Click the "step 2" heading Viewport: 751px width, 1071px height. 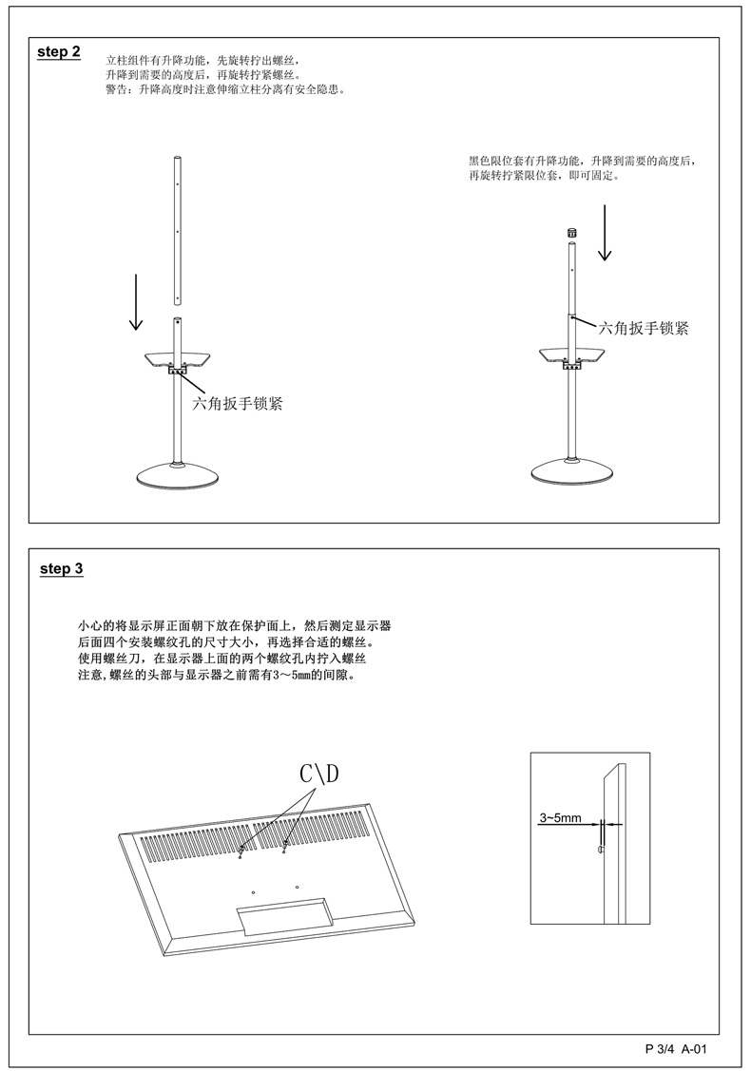58,52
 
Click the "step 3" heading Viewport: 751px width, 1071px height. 62,569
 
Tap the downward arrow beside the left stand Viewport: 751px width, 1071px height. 137,303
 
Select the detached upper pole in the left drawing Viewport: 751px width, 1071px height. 177,228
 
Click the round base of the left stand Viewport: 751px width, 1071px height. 178,476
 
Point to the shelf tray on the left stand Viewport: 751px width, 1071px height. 178,358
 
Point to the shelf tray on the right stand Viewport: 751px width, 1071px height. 571,354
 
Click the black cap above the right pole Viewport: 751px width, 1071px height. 572,233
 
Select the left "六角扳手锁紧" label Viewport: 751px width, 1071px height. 239,403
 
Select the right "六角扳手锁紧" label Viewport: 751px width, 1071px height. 643,329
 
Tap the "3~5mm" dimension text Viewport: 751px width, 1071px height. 560,816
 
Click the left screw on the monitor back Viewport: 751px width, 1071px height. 242,849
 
